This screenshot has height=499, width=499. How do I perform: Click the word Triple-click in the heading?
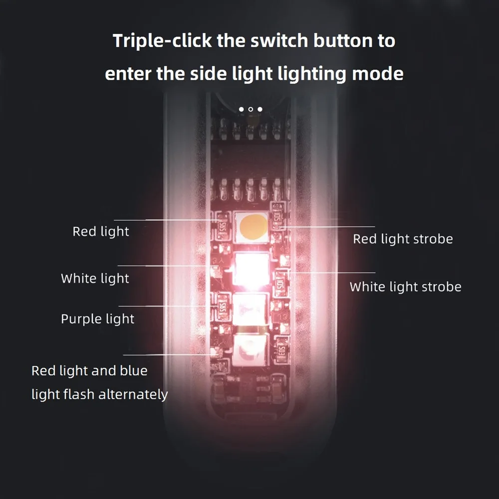(162, 41)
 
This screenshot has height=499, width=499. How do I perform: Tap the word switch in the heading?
(279, 41)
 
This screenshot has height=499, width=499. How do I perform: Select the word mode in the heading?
(378, 73)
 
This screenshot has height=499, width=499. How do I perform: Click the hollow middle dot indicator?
(251, 109)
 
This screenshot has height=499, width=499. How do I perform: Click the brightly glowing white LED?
(251, 269)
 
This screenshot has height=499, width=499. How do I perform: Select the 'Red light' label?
(101, 232)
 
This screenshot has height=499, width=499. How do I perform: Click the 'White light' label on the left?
(95, 278)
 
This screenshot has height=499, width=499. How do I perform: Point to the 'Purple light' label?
(97, 319)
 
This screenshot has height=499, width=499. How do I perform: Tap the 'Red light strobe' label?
(403, 239)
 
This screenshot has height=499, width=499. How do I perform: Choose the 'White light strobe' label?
(405, 287)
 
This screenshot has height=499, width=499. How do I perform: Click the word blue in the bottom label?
(134, 371)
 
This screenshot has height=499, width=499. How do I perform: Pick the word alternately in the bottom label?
(133, 395)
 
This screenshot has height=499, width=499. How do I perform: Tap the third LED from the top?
(250, 309)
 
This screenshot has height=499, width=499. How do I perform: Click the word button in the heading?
(342, 41)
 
